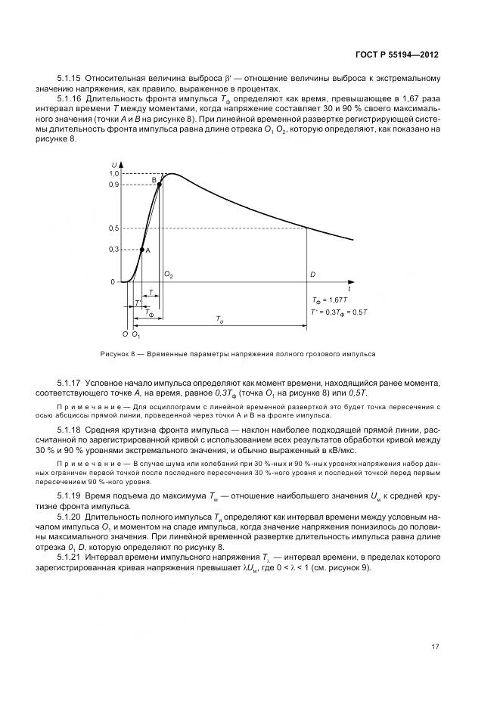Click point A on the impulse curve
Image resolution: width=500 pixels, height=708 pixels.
pyautogui.click(x=141, y=249)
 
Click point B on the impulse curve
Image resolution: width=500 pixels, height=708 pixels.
pyautogui.click(x=159, y=184)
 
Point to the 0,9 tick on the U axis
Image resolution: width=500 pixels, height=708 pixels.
pyautogui.click(x=113, y=185)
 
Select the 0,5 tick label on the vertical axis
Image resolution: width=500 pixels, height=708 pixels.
pyautogui.click(x=113, y=228)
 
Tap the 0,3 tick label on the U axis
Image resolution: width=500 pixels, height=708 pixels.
pyautogui.click(x=113, y=249)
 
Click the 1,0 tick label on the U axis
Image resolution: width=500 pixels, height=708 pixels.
pyautogui.click(x=113, y=173)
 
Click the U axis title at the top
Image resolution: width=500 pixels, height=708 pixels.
pyautogui.click(x=114, y=164)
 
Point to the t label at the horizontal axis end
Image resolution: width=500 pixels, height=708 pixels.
pyautogui.click(x=349, y=289)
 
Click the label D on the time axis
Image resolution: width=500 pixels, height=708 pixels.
pyautogui.click(x=312, y=276)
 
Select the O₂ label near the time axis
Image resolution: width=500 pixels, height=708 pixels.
pyautogui.click(x=169, y=276)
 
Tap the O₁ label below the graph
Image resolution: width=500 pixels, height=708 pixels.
pyautogui.click(x=136, y=334)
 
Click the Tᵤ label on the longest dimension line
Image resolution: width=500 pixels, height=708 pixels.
pyautogui.click(x=220, y=321)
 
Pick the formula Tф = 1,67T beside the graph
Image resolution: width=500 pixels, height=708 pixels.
pyautogui.click(x=330, y=300)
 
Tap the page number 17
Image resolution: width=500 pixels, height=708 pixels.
pyautogui.click(x=434, y=646)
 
